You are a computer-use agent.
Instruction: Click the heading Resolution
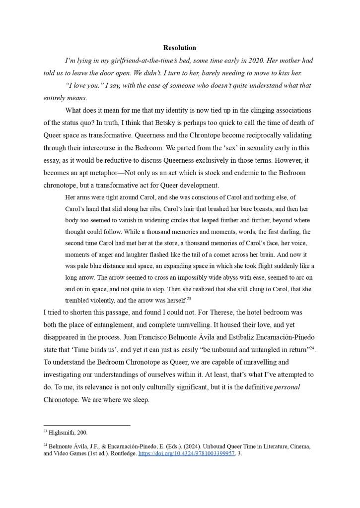tap(180, 48)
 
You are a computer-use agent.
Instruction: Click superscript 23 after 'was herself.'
tap(189, 298)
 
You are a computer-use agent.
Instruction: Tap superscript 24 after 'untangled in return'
tap(312, 348)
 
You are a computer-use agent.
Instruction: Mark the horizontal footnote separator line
tap(87, 425)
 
